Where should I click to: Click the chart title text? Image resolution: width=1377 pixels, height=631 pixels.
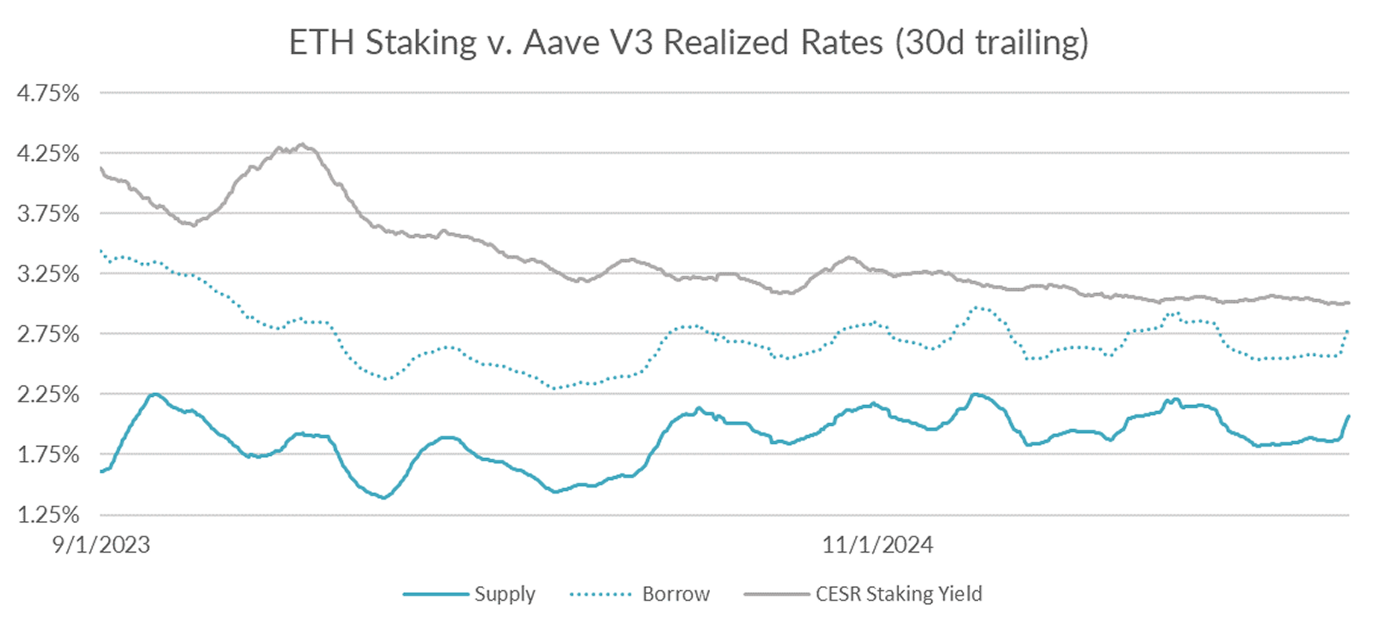click(688, 42)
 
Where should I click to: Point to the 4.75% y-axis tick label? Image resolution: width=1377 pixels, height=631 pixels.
click(48, 93)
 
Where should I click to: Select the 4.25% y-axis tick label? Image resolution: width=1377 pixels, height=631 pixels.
click(48, 154)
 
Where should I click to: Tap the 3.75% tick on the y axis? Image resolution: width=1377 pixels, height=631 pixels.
click(48, 214)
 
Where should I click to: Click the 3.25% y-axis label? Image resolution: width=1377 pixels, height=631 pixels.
click(48, 274)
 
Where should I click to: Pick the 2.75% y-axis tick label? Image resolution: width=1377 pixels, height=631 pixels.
click(48, 334)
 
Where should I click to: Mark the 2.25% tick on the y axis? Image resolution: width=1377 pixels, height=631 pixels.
click(48, 395)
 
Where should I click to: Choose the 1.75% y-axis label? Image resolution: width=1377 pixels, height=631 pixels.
click(48, 455)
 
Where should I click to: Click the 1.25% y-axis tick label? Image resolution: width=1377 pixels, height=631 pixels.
click(48, 515)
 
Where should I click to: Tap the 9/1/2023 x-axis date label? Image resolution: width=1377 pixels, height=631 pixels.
click(101, 545)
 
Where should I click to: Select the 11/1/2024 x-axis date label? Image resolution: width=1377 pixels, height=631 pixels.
click(878, 545)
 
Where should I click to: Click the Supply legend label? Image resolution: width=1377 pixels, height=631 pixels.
click(505, 594)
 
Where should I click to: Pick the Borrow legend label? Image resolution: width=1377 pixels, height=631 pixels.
click(676, 594)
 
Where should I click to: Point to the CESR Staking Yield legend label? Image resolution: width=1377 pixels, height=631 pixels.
click(899, 594)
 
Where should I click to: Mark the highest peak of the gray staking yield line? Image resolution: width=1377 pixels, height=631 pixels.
click(302, 145)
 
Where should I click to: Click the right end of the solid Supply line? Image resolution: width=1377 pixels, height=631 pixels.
click(1348, 417)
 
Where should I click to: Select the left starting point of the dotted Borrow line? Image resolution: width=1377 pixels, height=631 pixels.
click(101, 251)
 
